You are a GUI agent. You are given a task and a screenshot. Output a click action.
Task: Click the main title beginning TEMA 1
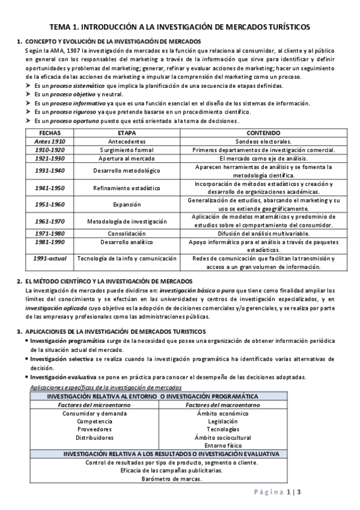coord(180,27)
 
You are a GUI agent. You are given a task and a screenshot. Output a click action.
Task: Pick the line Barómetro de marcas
coord(172,479)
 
